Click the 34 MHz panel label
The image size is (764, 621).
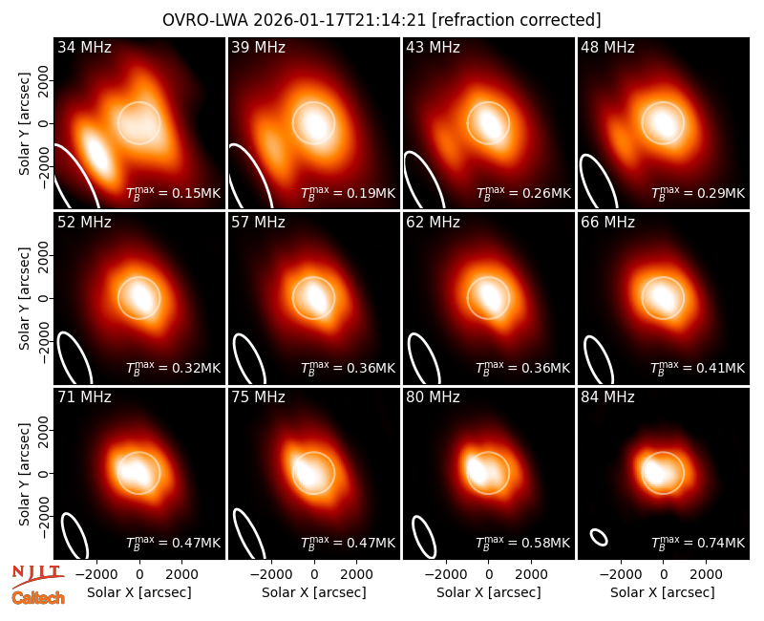point(84,47)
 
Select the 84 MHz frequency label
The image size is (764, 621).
point(607,397)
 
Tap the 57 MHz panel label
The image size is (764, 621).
point(258,223)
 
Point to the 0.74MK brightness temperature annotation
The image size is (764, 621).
point(698,542)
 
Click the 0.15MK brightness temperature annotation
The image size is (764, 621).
point(174,193)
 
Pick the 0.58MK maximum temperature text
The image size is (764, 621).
point(523,542)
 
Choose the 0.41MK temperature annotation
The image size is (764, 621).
point(698,368)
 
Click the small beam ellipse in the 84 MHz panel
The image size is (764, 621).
point(599,537)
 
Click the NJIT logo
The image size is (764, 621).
point(38,575)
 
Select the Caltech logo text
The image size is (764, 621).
point(38,598)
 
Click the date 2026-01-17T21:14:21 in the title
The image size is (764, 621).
point(340,20)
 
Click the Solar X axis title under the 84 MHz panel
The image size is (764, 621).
point(663,592)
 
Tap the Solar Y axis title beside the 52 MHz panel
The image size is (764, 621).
point(25,298)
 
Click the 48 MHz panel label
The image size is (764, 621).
point(607,47)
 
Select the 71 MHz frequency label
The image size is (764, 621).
point(84,397)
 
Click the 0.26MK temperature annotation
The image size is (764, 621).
point(523,193)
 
